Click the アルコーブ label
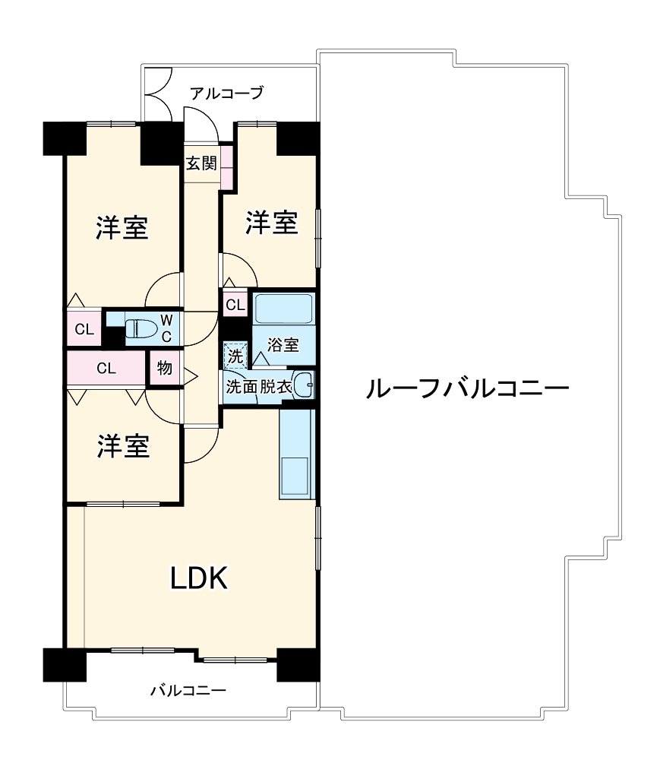click(x=226, y=93)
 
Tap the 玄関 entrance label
click(x=202, y=163)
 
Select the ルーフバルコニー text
click(x=467, y=389)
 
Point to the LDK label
click(x=198, y=579)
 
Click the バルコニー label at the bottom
click(x=188, y=691)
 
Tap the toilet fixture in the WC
click(x=141, y=329)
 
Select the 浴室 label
click(x=283, y=344)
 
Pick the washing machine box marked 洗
click(x=235, y=354)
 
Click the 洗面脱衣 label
click(x=258, y=386)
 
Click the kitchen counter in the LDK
click(x=296, y=454)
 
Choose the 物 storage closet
click(x=164, y=369)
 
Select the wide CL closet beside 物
click(x=106, y=369)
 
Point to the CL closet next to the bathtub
click(x=235, y=306)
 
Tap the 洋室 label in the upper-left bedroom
click(x=122, y=227)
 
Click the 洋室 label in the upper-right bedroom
click(x=270, y=223)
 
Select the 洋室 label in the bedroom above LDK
click(x=122, y=446)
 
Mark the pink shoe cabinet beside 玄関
click(x=226, y=163)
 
